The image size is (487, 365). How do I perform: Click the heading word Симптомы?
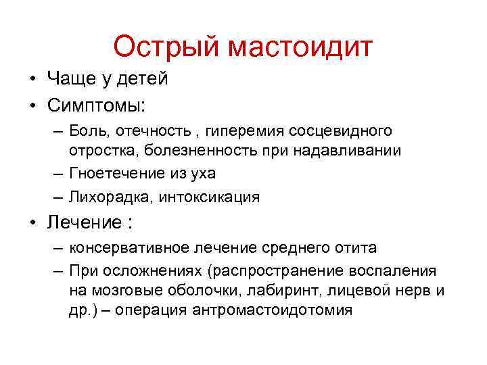point(95,105)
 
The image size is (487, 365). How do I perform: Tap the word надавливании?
point(352,151)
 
